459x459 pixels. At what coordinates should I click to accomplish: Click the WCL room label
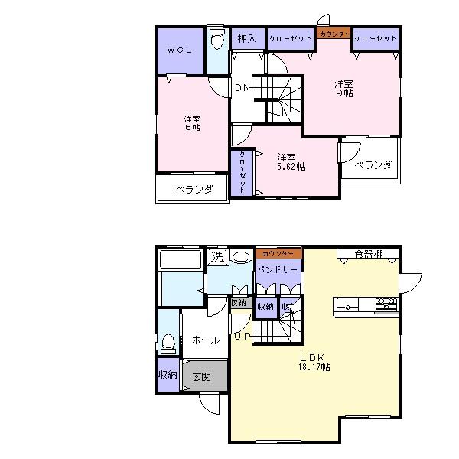pos(180,50)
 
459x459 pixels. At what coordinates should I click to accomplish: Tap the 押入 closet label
pos(246,37)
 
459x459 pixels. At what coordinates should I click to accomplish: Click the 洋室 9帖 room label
pos(342,88)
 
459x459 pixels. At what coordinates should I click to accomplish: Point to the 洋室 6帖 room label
pos(191,123)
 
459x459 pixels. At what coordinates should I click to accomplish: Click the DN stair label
pos(243,87)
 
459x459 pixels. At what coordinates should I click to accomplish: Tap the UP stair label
pos(243,335)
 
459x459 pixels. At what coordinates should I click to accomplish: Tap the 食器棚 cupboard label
pos(369,253)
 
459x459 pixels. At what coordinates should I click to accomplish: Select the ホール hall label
pos(205,340)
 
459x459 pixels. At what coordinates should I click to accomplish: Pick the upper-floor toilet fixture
pos(217,38)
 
